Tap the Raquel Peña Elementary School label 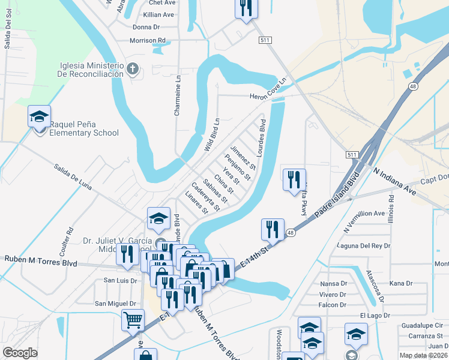(x=84, y=128)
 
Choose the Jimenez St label (x=243, y=157)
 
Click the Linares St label (x=197, y=203)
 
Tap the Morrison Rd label (x=147, y=41)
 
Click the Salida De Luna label (x=73, y=178)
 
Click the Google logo (x=20, y=352)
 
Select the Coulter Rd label (x=70, y=238)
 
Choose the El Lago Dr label (x=375, y=316)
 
